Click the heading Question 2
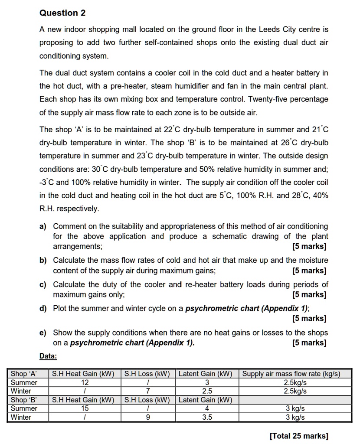click(62, 13)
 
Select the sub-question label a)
click(44, 226)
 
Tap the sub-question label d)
click(44, 309)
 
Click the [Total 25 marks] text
click(299, 436)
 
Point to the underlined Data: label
click(48, 356)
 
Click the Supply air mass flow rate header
click(291, 374)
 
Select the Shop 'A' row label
click(24, 374)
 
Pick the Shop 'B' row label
click(24, 400)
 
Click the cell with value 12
click(85, 382)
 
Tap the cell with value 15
click(85, 408)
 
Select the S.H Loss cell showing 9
click(148, 418)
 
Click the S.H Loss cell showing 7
click(148, 391)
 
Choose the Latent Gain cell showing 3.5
click(207, 418)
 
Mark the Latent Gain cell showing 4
click(207, 408)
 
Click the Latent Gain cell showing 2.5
click(207, 391)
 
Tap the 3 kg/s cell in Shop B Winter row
click(295, 418)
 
